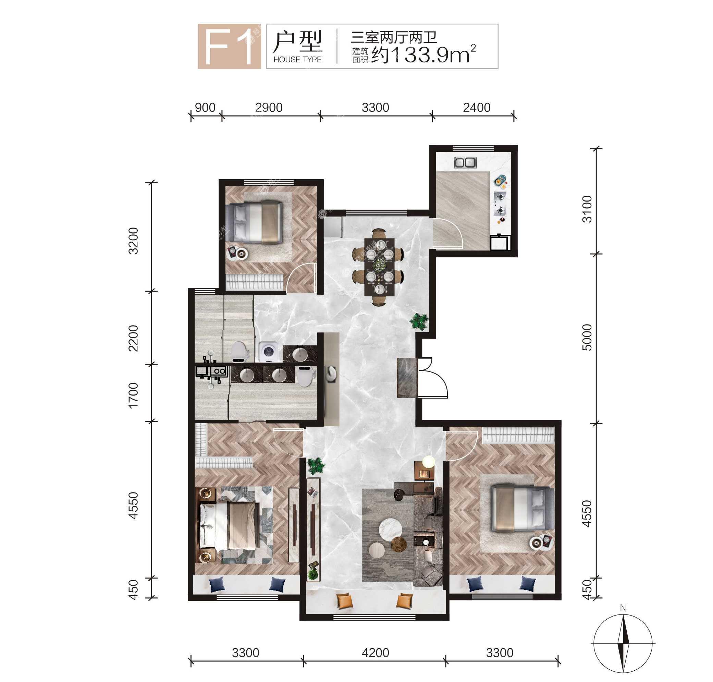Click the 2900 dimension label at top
click(x=269, y=108)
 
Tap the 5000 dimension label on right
click(x=587, y=337)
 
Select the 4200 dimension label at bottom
click(x=376, y=653)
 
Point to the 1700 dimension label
click(x=133, y=395)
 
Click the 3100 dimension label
click(x=587, y=209)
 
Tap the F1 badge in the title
click(x=229, y=46)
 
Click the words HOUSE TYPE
click(x=297, y=60)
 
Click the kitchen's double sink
click(x=465, y=162)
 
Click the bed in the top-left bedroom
click(x=254, y=222)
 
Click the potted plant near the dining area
click(x=419, y=321)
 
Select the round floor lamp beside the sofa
click(x=429, y=462)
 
